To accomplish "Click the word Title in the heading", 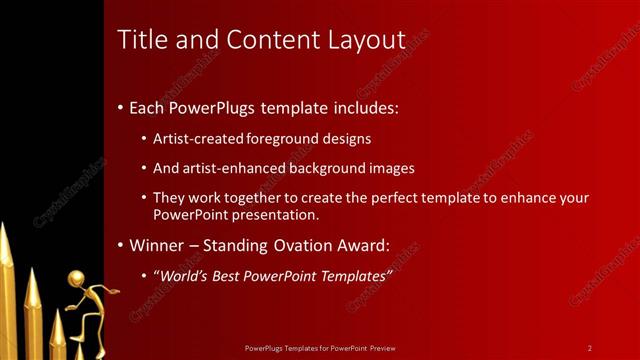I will coord(139,40).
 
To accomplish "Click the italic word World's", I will coord(183,275).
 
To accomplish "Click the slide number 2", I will coord(590,348).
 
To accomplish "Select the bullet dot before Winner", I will coord(121,245).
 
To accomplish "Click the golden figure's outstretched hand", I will coord(118,291).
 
